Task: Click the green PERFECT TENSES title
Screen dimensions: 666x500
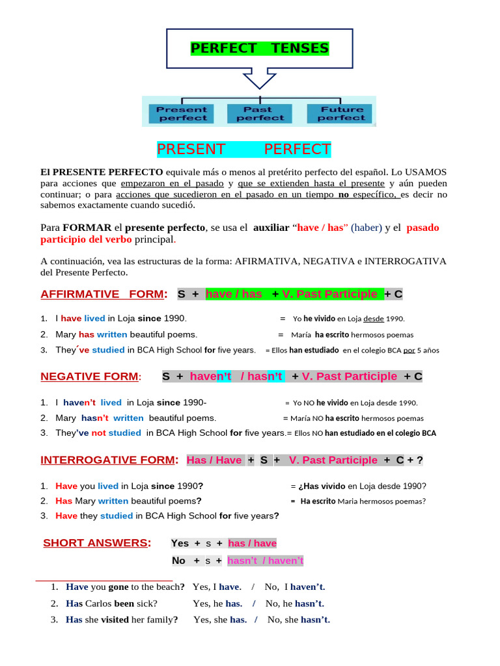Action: (x=259, y=49)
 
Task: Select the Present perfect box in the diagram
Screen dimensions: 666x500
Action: (x=182, y=114)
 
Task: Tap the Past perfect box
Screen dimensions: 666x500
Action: (x=260, y=114)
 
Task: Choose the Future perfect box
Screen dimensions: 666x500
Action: (x=341, y=114)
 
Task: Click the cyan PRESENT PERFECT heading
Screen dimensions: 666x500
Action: (x=243, y=149)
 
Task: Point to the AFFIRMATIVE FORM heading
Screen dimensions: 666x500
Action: (x=102, y=294)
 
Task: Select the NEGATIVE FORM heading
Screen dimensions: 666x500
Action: (x=89, y=376)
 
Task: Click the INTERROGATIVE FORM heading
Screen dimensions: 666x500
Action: (x=107, y=460)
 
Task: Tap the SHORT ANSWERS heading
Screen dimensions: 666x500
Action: (x=96, y=542)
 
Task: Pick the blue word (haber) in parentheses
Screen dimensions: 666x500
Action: (x=367, y=228)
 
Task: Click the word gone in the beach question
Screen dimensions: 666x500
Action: (x=118, y=587)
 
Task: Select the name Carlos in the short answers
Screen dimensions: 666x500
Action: (x=98, y=603)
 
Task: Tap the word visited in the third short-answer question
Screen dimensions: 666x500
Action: (x=115, y=619)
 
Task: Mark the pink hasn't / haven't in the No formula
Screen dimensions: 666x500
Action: (x=266, y=560)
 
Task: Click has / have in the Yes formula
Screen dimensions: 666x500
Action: (x=252, y=543)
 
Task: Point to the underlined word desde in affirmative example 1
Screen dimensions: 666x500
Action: (x=373, y=319)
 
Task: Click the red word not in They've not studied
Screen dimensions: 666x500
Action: (x=98, y=433)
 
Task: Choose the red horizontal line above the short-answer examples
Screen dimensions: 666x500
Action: (x=104, y=579)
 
